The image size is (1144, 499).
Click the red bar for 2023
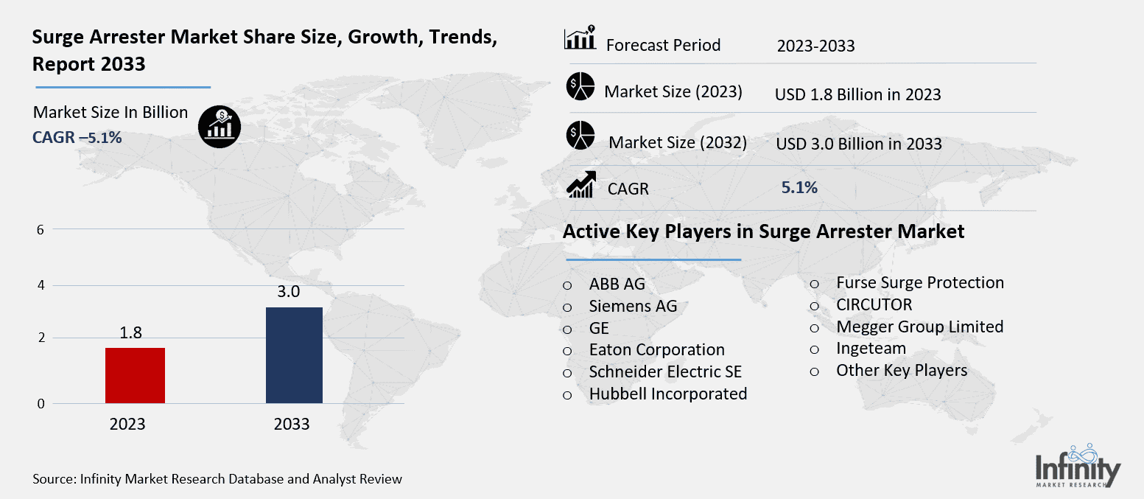pos(135,375)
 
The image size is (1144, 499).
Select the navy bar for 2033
pos(293,355)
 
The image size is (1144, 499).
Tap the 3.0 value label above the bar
pos(288,292)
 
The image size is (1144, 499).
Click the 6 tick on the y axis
pos(41,229)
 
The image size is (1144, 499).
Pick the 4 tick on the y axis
pos(41,285)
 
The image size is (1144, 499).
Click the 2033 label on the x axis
pos(292,425)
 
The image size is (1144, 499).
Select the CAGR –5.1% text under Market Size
pos(77,136)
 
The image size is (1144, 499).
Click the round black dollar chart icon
pos(220,126)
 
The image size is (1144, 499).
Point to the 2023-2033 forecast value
pos(815,46)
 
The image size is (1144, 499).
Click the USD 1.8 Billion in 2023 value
pos(858,94)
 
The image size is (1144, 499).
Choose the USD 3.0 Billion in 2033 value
pos(859,144)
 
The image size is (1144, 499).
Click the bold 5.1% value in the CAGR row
pos(799,187)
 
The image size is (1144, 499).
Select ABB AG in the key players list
pos(617,284)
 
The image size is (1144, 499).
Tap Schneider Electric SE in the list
pos(665,371)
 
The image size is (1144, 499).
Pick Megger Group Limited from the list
pos(919,327)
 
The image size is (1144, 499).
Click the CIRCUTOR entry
pos(874,304)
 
